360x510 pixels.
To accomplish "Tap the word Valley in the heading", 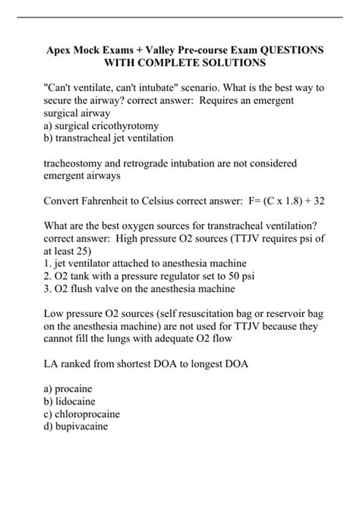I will pos(161,49).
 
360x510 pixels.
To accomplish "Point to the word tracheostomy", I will pos(71,163).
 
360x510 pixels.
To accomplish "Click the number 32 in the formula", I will pos(319,202).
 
